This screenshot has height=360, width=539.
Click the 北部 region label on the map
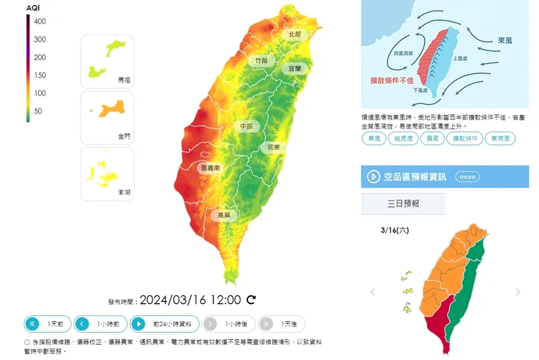point(295,34)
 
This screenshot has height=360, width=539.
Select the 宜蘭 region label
point(295,68)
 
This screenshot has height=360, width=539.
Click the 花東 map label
point(274,147)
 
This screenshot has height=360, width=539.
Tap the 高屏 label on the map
point(224,214)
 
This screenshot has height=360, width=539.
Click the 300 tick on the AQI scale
point(40,40)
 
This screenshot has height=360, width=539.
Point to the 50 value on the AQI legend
point(37,111)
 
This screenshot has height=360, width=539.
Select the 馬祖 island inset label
point(124,80)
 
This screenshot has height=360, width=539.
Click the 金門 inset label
point(124,135)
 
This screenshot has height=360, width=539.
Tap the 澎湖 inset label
point(124,192)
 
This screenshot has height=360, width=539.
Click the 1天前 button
point(47,323)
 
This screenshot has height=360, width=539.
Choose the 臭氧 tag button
point(432,139)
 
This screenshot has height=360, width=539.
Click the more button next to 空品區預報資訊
point(467,176)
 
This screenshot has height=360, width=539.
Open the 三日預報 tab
point(402,203)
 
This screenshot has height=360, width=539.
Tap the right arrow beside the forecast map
point(518,292)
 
